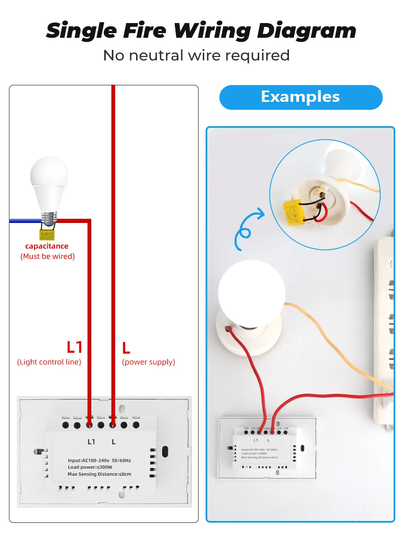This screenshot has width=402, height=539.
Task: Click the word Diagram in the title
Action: [306, 31]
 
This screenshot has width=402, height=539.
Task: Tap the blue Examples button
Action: [301, 97]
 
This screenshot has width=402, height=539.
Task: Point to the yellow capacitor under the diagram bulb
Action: [47, 234]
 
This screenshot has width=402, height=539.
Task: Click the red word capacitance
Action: [46, 246]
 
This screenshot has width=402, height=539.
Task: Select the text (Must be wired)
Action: [47, 256]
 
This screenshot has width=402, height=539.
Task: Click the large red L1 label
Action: [75, 347]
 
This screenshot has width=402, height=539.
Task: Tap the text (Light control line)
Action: [49, 362]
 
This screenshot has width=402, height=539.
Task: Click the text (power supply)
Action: [148, 362]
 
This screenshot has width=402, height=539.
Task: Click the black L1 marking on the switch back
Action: [91, 442]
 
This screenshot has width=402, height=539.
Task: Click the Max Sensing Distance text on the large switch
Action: [99, 474]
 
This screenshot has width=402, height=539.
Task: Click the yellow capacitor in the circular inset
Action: [292, 213]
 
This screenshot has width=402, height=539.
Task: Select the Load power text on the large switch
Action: [90, 467]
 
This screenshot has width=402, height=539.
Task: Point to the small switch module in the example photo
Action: [266, 448]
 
